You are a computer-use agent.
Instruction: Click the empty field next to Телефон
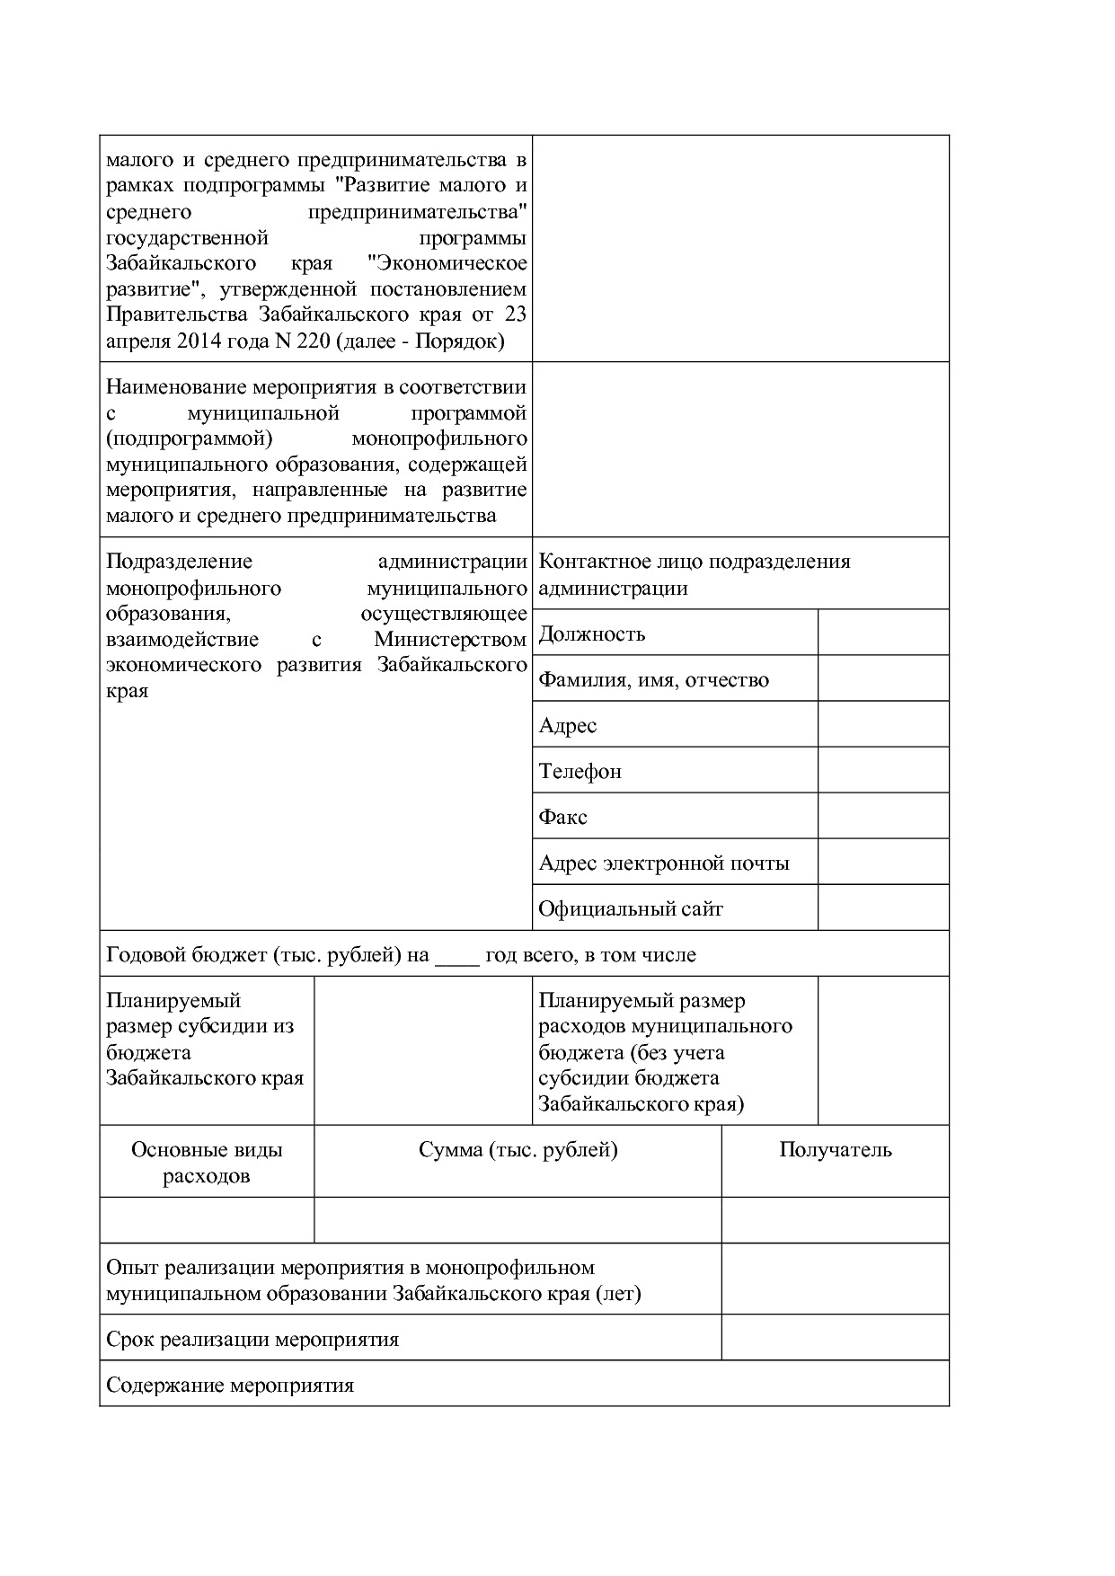pyautogui.click(x=882, y=771)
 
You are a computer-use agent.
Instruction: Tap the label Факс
pyautogui.click(x=562, y=818)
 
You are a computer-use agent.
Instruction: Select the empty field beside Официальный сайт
pyautogui.click(x=882, y=908)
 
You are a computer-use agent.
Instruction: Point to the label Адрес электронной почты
pyautogui.click(x=663, y=863)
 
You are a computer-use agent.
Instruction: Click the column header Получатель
pyautogui.click(x=835, y=1150)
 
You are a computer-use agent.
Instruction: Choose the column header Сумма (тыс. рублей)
pyautogui.click(x=518, y=1150)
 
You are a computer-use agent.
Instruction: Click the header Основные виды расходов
pyautogui.click(x=207, y=1163)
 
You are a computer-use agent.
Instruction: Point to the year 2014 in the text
pyautogui.click(x=199, y=341)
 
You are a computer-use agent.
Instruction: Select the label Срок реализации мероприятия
pyautogui.click(x=252, y=1340)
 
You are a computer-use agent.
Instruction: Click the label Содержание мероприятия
pyautogui.click(x=230, y=1386)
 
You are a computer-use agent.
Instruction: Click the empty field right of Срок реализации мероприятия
pyautogui.click(x=835, y=1338)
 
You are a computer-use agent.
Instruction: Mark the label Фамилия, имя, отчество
pyautogui.click(x=653, y=680)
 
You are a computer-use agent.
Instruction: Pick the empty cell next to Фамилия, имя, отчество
pyautogui.click(x=882, y=679)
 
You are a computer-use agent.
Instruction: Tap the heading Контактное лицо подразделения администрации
pyautogui.click(x=694, y=575)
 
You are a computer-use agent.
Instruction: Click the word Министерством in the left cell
pyautogui.click(x=450, y=640)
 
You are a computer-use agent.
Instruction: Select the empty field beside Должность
pyautogui.click(x=882, y=633)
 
